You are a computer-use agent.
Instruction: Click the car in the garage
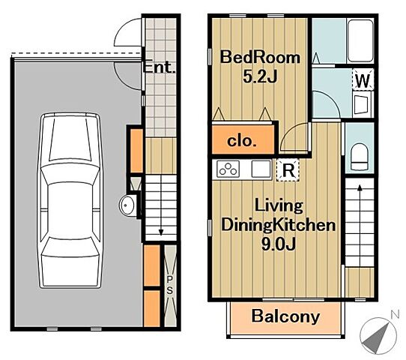(70, 200)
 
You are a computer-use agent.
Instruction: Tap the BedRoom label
(260, 57)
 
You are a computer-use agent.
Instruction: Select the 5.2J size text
(260, 76)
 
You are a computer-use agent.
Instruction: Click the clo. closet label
(242, 141)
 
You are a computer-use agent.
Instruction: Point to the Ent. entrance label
(160, 67)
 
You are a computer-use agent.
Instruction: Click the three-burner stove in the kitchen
(228, 169)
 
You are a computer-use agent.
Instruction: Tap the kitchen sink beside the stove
(261, 169)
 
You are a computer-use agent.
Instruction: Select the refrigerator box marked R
(288, 170)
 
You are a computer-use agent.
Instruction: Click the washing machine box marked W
(363, 80)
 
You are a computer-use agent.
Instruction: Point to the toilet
(360, 157)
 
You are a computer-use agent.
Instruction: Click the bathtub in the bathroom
(360, 40)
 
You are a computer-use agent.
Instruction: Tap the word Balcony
(285, 316)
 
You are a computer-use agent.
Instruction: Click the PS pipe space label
(170, 285)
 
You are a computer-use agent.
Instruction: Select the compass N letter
(395, 315)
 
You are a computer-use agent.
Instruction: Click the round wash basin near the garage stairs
(127, 205)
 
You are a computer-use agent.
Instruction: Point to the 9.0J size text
(279, 244)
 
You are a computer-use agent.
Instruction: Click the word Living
(279, 206)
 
